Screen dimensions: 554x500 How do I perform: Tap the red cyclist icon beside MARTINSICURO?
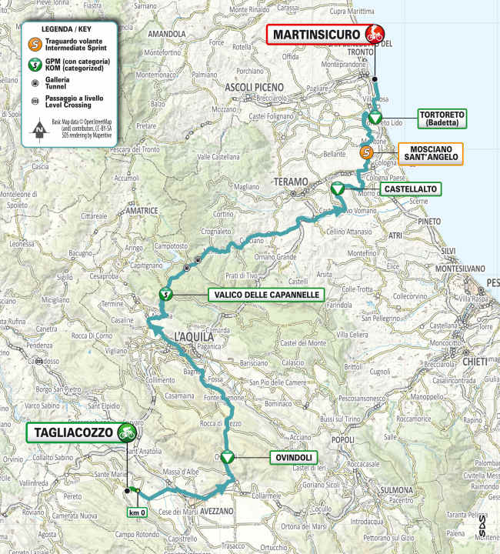point(374,35)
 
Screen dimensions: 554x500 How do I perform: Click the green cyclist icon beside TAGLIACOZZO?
point(125,432)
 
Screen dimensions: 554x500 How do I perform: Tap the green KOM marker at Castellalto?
point(336,188)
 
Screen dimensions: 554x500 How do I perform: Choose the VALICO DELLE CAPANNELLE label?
point(265,295)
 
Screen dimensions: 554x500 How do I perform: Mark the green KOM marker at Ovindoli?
point(227,457)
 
